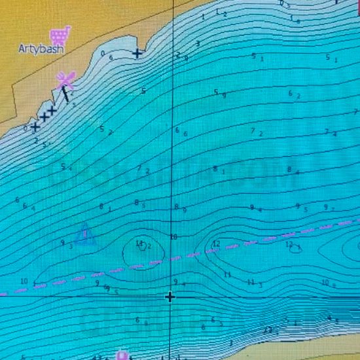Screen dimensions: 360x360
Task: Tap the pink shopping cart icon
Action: pyautogui.click(x=60, y=34)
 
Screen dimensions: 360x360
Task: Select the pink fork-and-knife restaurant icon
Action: pyautogui.click(x=65, y=79)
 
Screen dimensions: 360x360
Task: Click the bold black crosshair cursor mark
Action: pyautogui.click(x=170, y=297)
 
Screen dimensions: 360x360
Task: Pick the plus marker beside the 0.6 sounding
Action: pyautogui.click(x=137, y=53)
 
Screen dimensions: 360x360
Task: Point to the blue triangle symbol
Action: pyautogui.click(x=84, y=235)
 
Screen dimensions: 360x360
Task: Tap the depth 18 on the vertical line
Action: pyautogui.click(x=174, y=236)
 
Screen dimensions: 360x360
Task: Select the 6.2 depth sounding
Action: pyautogui.click(x=295, y=94)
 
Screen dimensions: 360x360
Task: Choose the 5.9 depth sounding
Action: pyautogui.click(x=219, y=94)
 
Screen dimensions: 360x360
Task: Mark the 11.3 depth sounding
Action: pyautogui.click(x=254, y=283)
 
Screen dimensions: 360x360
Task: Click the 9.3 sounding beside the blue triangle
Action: pyautogui.click(x=66, y=244)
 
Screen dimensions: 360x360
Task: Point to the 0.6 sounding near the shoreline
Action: pyautogui.click(x=107, y=56)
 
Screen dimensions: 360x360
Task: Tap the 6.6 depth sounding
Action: pyautogui.click(x=181, y=132)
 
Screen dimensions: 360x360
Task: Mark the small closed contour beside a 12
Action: pyautogui.click(x=296, y=248)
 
